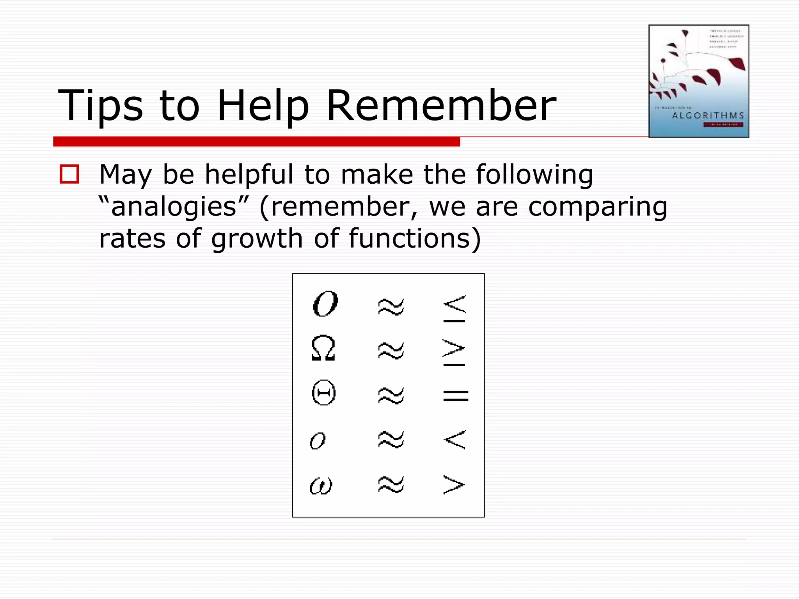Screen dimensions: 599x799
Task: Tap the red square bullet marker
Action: tap(69, 174)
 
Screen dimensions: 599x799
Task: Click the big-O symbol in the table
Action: tap(325, 304)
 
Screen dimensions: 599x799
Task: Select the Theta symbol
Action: tap(324, 393)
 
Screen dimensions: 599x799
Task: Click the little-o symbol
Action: tap(318, 441)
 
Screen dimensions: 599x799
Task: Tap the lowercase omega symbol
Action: tap(321, 486)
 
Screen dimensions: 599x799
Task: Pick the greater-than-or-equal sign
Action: tap(454, 353)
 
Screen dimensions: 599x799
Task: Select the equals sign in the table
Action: tap(456, 395)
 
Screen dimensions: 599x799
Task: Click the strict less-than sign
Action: tap(455, 440)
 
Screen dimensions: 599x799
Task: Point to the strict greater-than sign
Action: tap(454, 485)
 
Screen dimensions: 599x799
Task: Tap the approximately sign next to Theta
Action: tap(391, 395)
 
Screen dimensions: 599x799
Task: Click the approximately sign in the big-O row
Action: tap(391, 307)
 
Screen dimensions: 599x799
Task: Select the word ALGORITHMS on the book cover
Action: tap(708, 115)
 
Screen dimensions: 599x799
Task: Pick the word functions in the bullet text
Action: tap(415, 239)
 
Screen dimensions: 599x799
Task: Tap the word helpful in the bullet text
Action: tap(249, 174)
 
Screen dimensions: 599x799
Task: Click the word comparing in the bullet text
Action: tap(598, 207)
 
